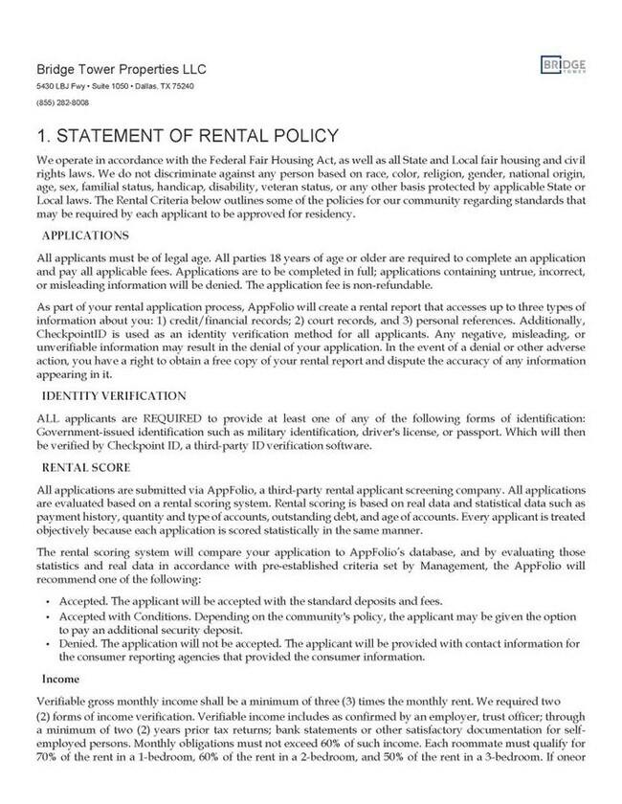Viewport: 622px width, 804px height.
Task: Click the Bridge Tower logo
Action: tap(564, 66)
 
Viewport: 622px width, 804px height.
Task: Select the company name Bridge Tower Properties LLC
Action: tap(120, 70)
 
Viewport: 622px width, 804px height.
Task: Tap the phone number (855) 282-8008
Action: tap(62, 102)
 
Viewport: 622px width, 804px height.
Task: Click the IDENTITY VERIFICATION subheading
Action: tap(113, 395)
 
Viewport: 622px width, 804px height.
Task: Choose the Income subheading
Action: tap(57, 681)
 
